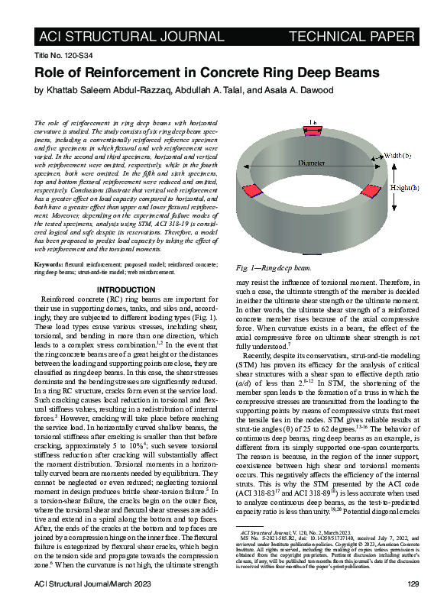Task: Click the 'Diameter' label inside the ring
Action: coord(311,163)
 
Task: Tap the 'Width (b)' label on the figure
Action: coord(399,156)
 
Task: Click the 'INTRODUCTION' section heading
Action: coord(127,290)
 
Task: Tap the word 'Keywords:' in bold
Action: coord(50,264)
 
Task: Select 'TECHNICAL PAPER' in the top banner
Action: coord(352,37)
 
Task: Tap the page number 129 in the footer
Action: coord(410,583)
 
